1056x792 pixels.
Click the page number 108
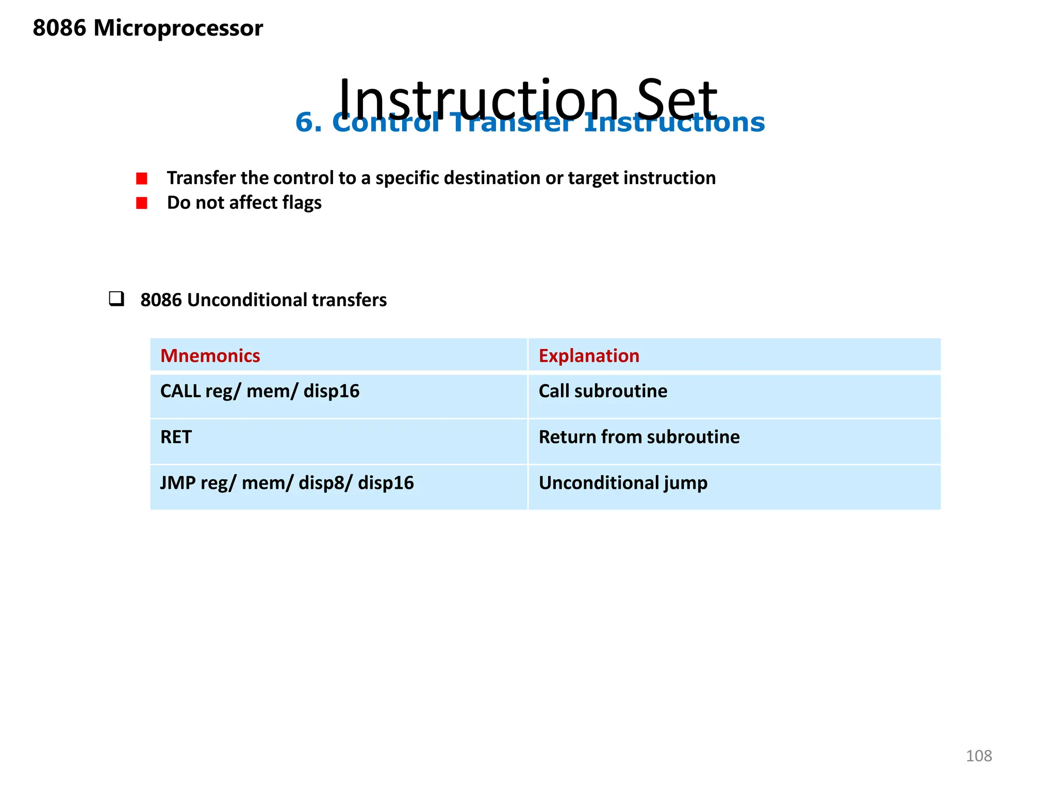[978, 756]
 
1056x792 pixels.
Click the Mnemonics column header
[210, 356]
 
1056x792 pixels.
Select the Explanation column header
[589, 356]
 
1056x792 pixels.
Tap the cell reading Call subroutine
[602, 391]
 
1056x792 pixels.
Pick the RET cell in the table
[176, 437]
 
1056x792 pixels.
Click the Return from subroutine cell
[638, 437]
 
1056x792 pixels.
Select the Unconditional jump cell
[622, 483]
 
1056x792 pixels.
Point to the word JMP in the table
[177, 483]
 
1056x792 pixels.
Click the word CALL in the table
[180, 391]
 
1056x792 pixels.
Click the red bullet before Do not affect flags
[142, 203]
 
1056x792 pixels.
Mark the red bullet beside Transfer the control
[142, 178]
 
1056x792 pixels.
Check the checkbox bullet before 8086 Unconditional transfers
[117, 299]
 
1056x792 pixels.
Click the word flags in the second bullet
[302, 203]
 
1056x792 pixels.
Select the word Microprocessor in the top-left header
[178, 28]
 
